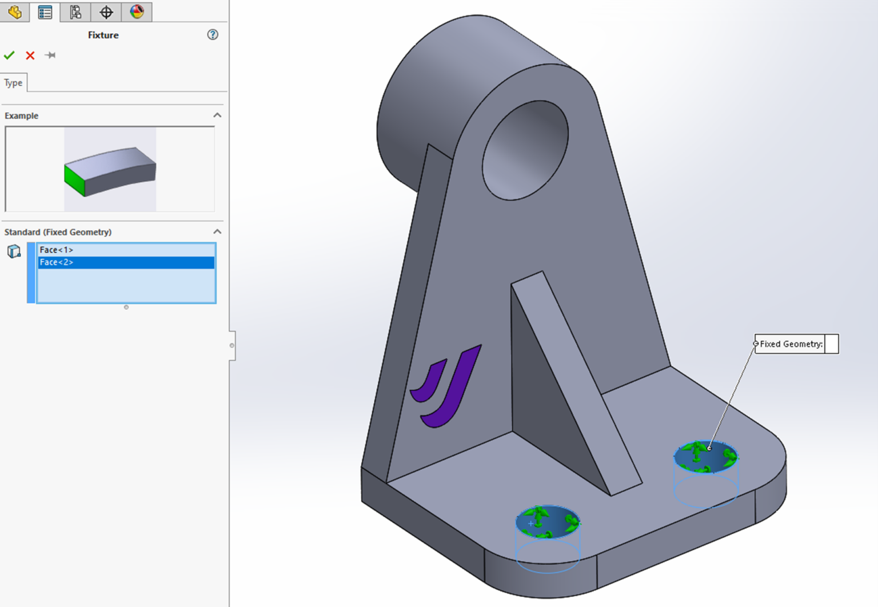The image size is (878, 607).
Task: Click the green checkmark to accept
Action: pos(9,55)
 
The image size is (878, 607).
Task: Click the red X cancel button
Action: pos(30,55)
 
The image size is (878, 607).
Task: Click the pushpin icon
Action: pos(50,55)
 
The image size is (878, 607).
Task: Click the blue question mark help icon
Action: pos(213,35)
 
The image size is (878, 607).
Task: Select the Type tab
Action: pos(14,83)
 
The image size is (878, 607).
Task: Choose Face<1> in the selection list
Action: pos(57,250)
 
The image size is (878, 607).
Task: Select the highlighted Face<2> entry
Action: pos(57,262)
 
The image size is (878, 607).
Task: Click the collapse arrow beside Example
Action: pos(217,115)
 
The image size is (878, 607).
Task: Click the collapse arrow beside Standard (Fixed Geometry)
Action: pos(217,231)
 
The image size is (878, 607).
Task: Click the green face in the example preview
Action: pos(74,181)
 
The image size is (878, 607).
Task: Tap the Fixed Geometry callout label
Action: pos(791,344)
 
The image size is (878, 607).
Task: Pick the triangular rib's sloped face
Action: pos(574,377)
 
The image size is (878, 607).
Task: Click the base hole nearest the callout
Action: pos(706,457)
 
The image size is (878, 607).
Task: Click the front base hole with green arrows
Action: pos(548,522)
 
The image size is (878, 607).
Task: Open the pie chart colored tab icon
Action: pos(137,11)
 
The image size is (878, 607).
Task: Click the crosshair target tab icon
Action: pos(106,11)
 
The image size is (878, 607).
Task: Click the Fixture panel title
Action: pos(103,35)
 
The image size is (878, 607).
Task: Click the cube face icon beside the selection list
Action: pos(14,251)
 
